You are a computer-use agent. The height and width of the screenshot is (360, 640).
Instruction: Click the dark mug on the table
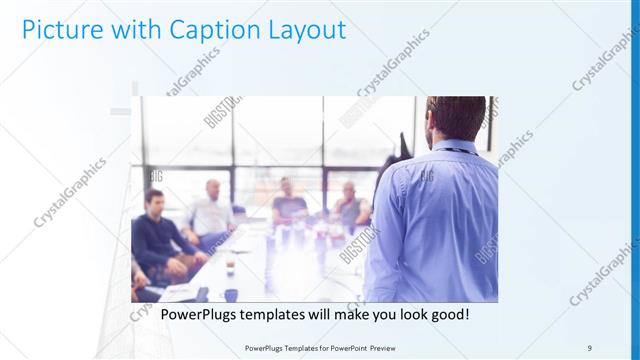[230, 293]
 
